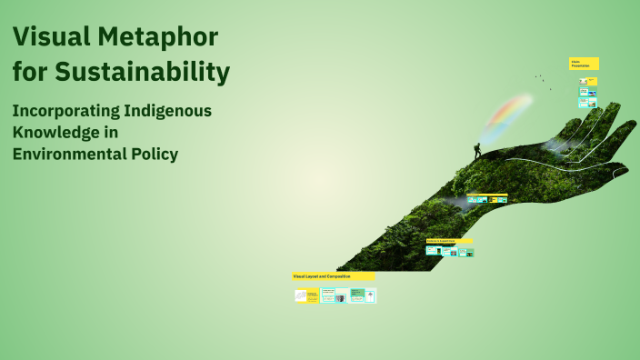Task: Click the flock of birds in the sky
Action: click(x=542, y=79)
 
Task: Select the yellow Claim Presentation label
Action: click(x=584, y=64)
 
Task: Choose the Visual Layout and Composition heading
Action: click(x=333, y=275)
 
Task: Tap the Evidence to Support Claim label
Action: click(x=448, y=241)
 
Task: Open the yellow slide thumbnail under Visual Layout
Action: click(x=306, y=295)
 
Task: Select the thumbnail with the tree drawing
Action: click(x=370, y=295)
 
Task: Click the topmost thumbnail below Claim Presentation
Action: click(x=588, y=81)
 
